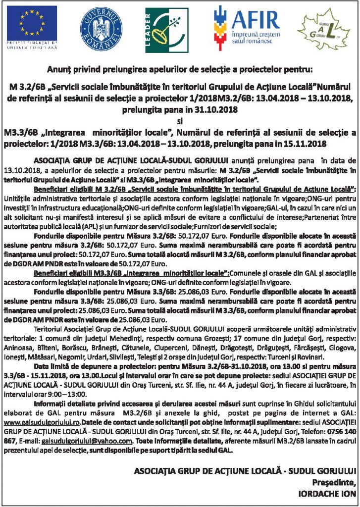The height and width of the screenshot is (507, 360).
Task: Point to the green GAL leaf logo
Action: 323,31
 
